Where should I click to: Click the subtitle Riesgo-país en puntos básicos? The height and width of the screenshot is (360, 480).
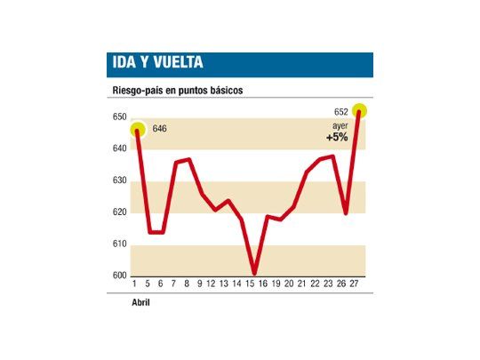coord(177,91)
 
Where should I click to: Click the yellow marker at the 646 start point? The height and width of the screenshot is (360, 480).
coord(137,131)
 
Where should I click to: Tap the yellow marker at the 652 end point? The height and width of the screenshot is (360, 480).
coord(359,111)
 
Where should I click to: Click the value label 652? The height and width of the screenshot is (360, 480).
coord(340,111)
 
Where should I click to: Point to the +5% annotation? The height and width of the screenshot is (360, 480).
coord(337,138)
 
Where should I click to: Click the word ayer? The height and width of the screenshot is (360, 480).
coord(340,127)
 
